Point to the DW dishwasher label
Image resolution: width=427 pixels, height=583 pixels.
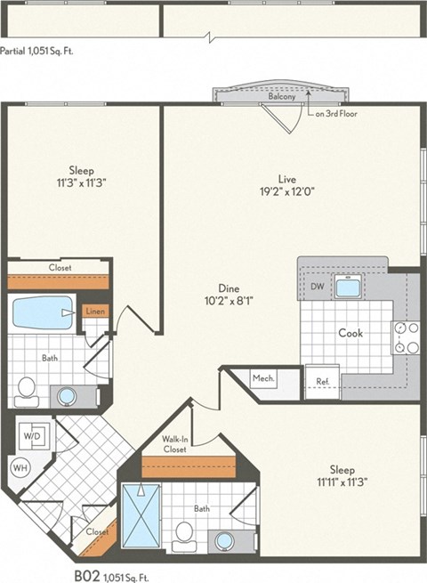318,287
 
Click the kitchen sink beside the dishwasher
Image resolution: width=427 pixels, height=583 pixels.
345,287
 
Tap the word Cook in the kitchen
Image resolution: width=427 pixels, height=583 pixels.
350,332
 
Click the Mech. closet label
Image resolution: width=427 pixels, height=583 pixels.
263,378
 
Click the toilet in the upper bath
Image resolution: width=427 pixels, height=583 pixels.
26,388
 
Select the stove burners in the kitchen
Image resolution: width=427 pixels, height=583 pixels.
406,337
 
